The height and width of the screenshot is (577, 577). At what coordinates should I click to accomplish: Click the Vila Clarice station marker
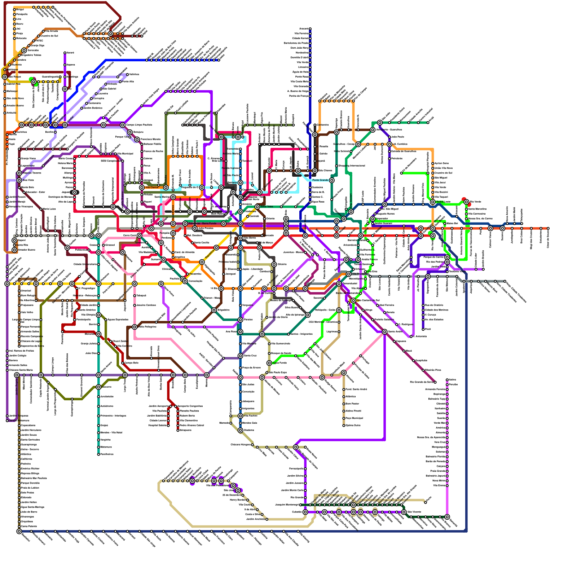(x=142, y=188)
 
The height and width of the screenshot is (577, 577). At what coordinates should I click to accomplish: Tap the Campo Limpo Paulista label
(x=139, y=125)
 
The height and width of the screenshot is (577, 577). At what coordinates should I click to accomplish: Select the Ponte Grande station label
(x=320, y=180)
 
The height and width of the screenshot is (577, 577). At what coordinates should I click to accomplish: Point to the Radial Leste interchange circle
(x=433, y=202)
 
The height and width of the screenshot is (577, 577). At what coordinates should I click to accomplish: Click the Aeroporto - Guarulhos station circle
(x=373, y=129)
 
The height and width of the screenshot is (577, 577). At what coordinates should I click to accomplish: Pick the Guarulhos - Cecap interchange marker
(x=358, y=144)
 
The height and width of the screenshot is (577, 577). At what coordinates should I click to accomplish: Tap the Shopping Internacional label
(x=351, y=166)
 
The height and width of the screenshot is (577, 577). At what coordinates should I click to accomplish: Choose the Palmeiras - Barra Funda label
(x=202, y=224)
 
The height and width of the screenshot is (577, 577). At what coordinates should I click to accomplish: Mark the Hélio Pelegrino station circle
(x=135, y=327)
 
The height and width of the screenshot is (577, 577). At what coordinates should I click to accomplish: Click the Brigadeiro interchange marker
(x=214, y=310)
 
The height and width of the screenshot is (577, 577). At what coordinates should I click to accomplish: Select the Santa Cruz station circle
(x=241, y=356)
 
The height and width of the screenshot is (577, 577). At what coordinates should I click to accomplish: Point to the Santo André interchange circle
(x=385, y=332)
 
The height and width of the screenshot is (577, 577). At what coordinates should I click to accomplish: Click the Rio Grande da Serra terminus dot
(x=435, y=382)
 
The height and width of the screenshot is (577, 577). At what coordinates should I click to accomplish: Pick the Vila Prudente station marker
(x=349, y=274)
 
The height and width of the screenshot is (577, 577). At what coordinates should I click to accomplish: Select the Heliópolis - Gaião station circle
(x=339, y=310)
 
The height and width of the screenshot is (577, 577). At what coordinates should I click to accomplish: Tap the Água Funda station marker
(x=269, y=363)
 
